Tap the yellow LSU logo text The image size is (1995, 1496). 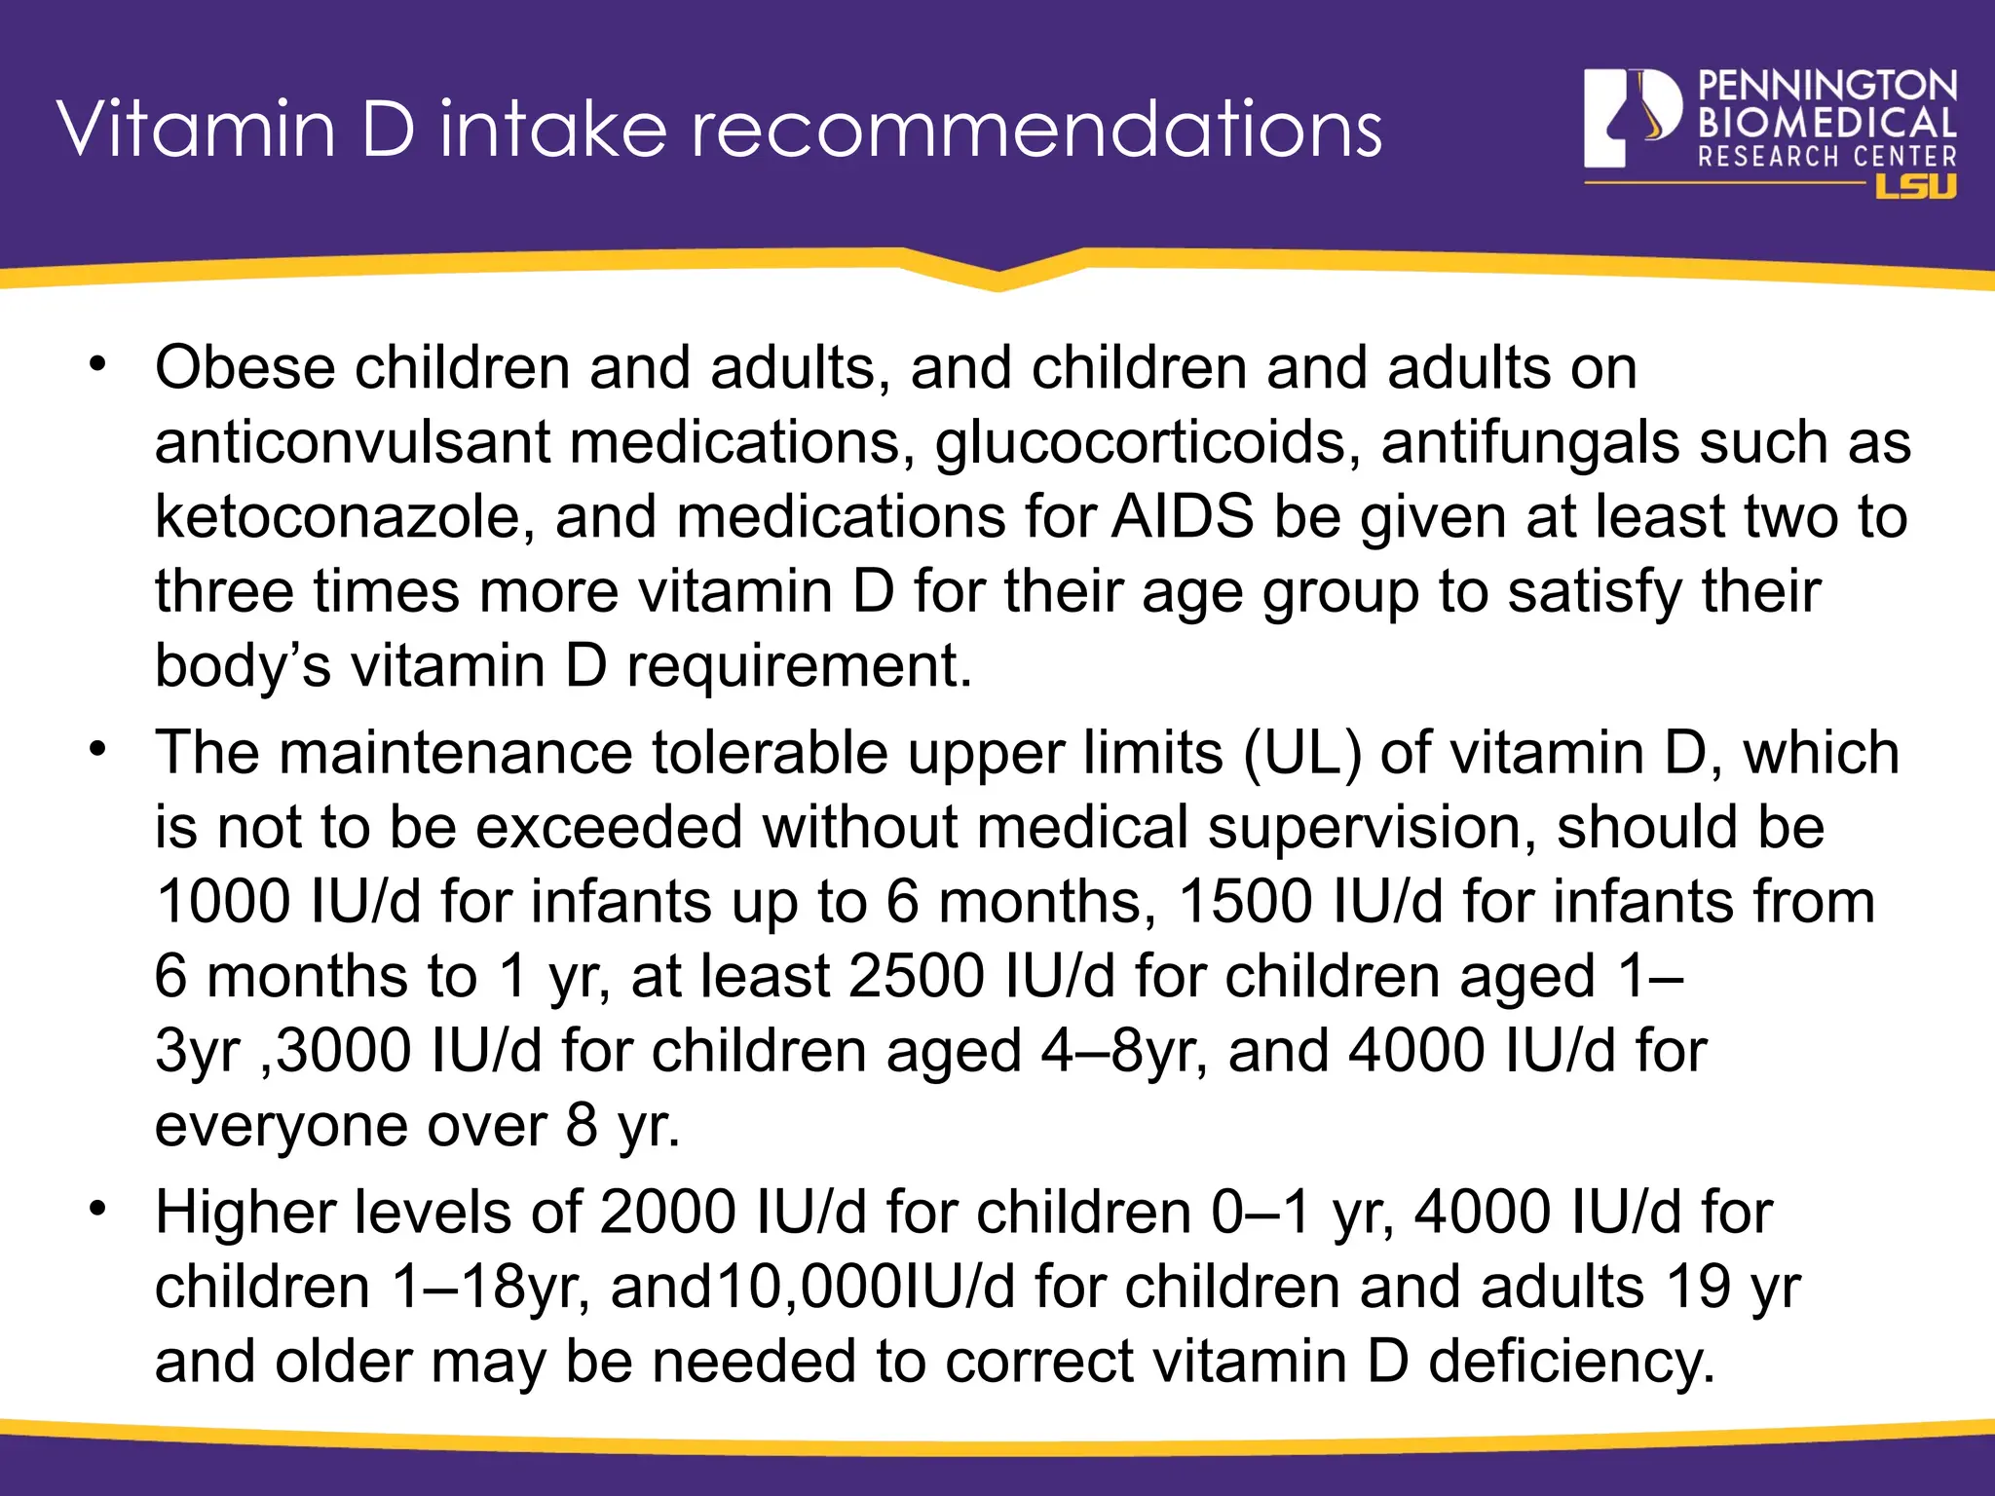pos(1915,186)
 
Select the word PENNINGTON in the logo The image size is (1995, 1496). pos(1827,87)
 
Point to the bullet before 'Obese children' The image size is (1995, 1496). pos(96,364)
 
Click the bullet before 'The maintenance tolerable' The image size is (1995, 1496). pos(96,750)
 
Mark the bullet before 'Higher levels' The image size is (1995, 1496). pos(96,1209)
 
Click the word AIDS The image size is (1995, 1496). pos(1183,516)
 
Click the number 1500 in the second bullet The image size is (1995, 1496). pos(1246,901)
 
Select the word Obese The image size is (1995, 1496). pos(245,368)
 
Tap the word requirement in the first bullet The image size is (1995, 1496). pos(799,666)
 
